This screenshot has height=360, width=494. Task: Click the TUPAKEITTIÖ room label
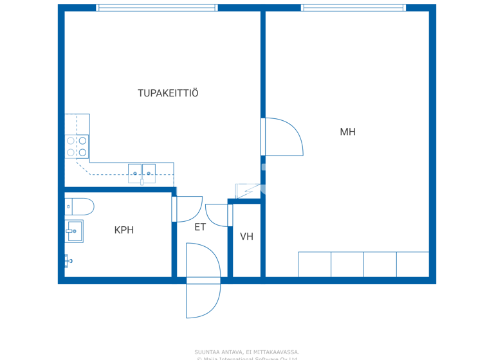pyautogui.click(x=168, y=93)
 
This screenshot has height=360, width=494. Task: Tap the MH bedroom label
pyautogui.click(x=347, y=132)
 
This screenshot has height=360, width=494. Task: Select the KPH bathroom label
pyautogui.click(x=124, y=230)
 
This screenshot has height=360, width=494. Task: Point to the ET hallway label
pyautogui.click(x=200, y=227)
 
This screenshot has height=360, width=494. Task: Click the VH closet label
pyautogui.click(x=246, y=237)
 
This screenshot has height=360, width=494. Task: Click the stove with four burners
pyautogui.click(x=77, y=147)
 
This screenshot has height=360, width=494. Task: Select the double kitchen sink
pyautogui.click(x=142, y=173)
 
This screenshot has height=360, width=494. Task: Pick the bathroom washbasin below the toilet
pyautogui.click(x=74, y=231)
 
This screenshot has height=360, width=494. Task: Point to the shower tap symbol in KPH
pyautogui.click(x=67, y=260)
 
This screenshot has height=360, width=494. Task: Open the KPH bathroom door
pyautogui.click(x=188, y=209)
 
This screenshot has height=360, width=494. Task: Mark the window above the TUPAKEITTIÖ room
pyautogui.click(x=157, y=8)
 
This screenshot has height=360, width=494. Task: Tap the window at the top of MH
pyautogui.click(x=353, y=8)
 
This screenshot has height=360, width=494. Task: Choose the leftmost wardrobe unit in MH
pyautogui.click(x=315, y=264)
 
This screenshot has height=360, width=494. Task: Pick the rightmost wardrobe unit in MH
pyautogui.click(x=412, y=264)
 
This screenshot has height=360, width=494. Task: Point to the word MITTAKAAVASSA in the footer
pyautogui.click(x=277, y=352)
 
